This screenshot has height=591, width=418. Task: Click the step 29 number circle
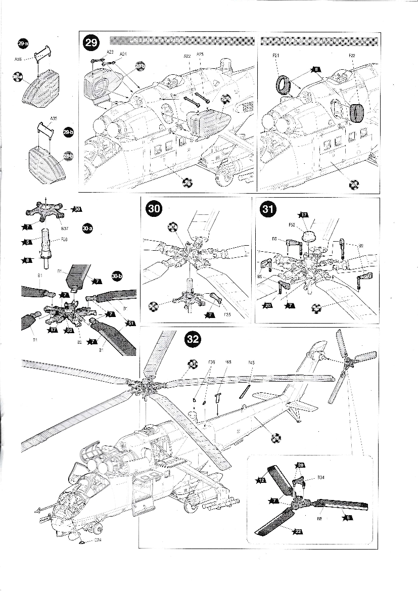click(x=91, y=43)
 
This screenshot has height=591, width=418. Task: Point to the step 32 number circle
click(x=193, y=339)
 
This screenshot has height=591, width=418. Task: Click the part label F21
click(x=275, y=56)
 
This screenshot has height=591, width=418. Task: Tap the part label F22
click(x=352, y=55)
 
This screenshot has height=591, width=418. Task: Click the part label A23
click(x=110, y=52)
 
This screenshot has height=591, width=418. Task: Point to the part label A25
click(x=200, y=54)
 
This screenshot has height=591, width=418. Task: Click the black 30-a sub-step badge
click(x=87, y=229)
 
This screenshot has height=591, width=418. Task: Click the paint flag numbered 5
click(x=29, y=242)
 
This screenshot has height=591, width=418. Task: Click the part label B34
click(x=320, y=477)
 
